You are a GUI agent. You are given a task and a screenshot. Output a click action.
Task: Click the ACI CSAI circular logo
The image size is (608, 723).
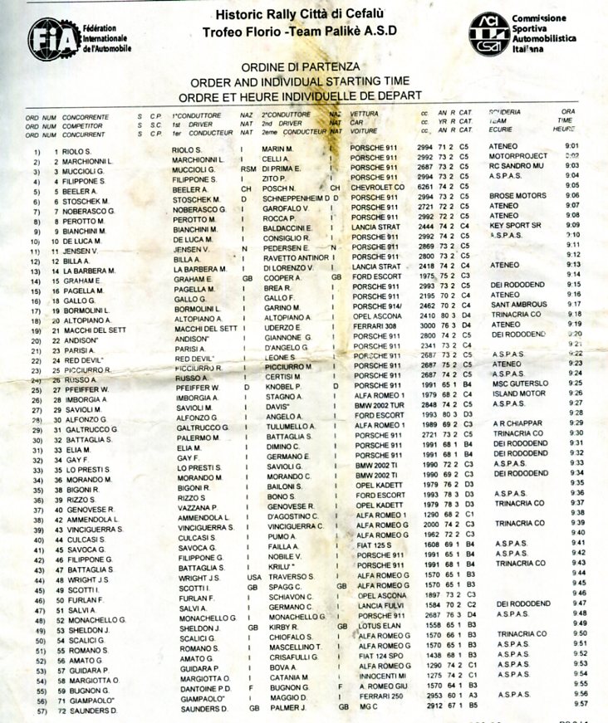pos(488,33)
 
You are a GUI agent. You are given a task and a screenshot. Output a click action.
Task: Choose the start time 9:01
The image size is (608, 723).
pos(571,145)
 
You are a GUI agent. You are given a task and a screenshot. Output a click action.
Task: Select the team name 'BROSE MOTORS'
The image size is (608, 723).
pos(517,196)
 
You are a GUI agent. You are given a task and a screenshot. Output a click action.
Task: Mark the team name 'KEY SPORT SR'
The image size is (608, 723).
pos(515,225)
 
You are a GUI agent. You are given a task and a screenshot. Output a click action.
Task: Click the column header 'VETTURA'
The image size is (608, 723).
pos(365,112)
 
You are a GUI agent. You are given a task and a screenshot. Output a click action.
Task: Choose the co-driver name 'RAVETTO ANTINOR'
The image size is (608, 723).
pos(296,257)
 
